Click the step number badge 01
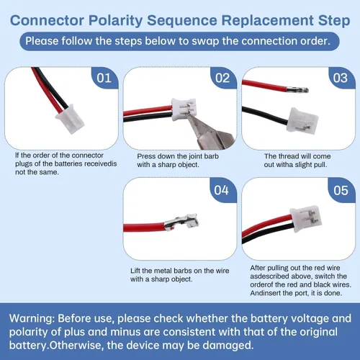[x=104, y=78]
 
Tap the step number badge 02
[x=223, y=78]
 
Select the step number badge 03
[x=341, y=78]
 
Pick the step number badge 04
[x=222, y=190]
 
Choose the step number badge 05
[x=341, y=190]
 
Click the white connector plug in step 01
[x=70, y=119]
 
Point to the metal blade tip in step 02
[x=189, y=115]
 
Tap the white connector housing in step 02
[x=184, y=109]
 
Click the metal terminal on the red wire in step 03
[x=297, y=90]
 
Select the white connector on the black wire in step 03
[x=302, y=120]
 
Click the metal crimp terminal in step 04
[x=181, y=222]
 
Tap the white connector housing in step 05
[x=305, y=219]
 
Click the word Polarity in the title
[x=116, y=20]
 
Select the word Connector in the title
[x=47, y=20]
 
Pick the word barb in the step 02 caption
[x=211, y=156]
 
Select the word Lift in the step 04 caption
[x=135, y=271]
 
